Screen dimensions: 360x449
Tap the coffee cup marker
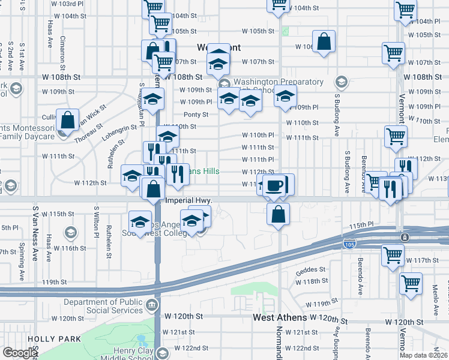click(x=275, y=186)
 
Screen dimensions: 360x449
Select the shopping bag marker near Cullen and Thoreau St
click(x=68, y=120)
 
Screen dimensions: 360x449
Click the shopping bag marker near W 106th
click(x=324, y=42)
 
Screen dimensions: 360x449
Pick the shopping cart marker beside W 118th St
click(x=411, y=282)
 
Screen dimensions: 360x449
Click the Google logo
click(x=20, y=353)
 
